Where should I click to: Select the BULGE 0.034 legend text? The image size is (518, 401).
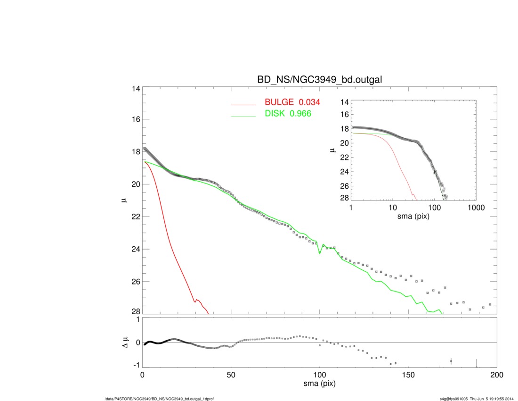pyautogui.click(x=292, y=102)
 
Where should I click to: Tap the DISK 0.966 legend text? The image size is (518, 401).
pyautogui.click(x=288, y=114)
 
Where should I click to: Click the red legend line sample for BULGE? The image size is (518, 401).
pyautogui.click(x=243, y=104)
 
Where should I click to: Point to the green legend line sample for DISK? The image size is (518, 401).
pyautogui.click(x=243, y=116)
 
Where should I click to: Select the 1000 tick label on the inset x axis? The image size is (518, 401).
pyautogui.click(x=476, y=208)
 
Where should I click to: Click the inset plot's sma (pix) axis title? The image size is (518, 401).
pyautogui.click(x=413, y=217)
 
